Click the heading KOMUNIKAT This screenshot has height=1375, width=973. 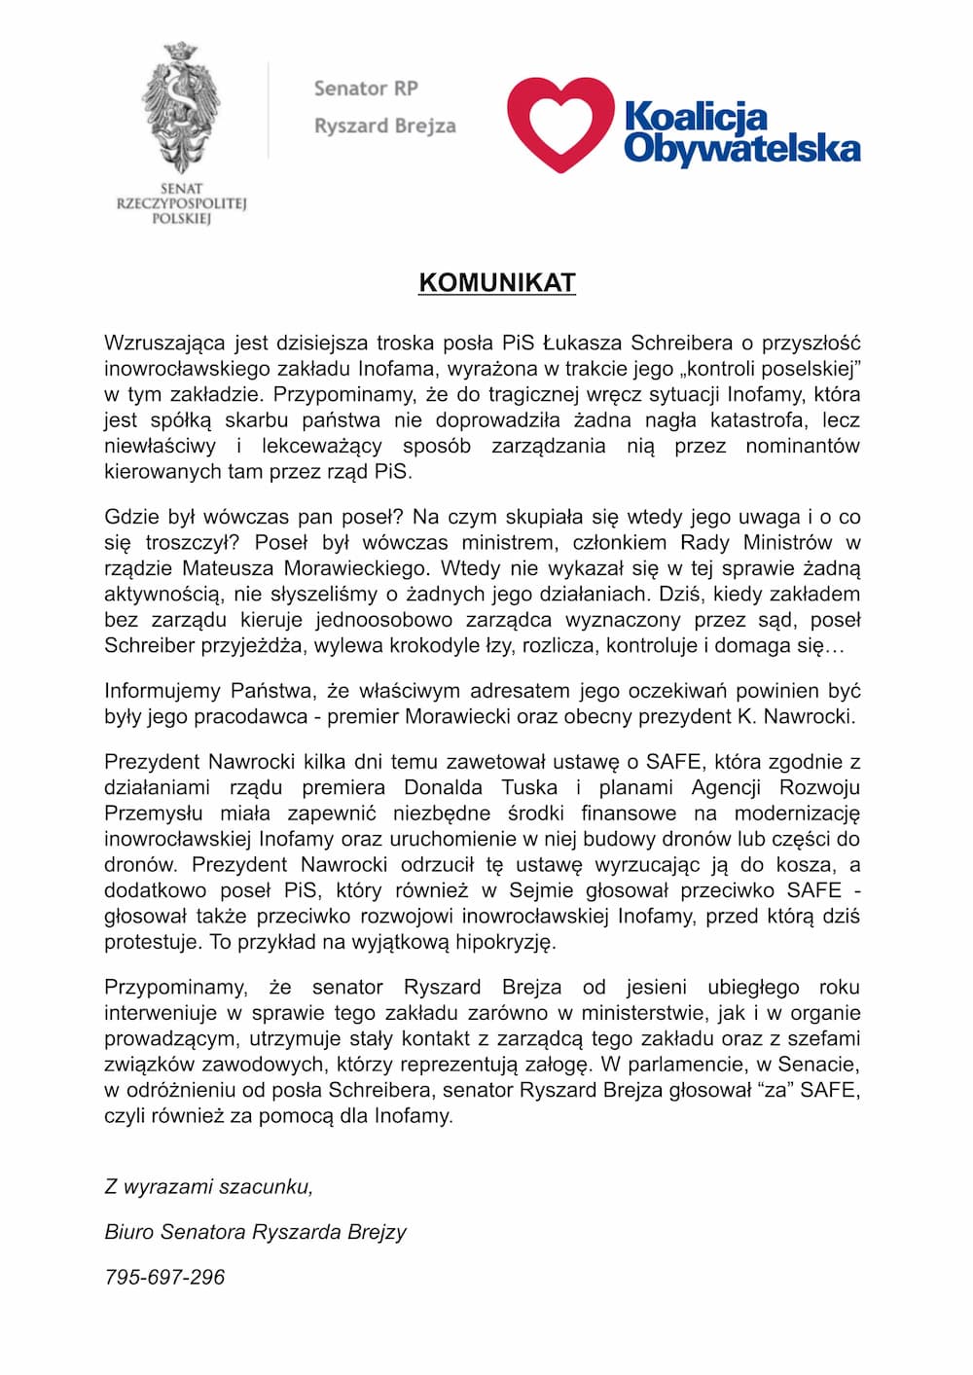click(497, 282)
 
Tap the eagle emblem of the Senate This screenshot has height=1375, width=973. click(181, 107)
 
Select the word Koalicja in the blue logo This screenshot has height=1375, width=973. click(696, 117)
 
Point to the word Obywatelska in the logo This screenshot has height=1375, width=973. click(741, 148)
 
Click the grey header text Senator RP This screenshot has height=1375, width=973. click(366, 89)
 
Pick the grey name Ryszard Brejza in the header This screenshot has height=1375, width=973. click(384, 126)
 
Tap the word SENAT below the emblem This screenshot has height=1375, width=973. click(181, 189)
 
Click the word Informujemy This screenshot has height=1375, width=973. click(162, 691)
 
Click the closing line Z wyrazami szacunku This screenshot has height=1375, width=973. click(208, 1186)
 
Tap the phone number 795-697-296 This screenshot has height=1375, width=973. click(164, 1277)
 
